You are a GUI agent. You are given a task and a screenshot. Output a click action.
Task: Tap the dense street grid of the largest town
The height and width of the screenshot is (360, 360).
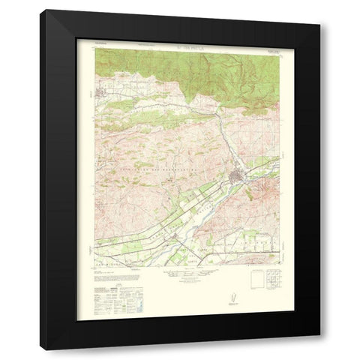(238, 178)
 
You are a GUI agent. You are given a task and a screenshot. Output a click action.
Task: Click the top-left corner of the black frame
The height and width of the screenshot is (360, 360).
(42, 10)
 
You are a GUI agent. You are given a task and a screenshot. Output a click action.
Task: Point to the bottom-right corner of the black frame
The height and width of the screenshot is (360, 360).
(319, 349)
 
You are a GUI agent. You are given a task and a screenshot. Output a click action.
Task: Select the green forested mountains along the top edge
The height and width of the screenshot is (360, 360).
(225, 75)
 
